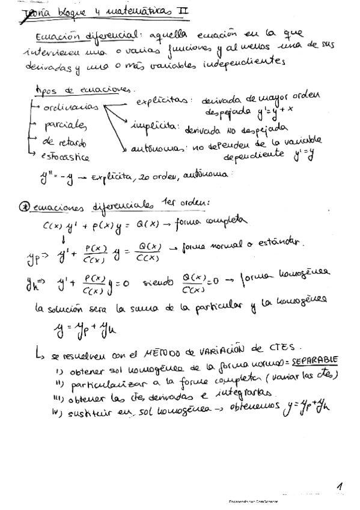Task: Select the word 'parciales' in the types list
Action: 66,125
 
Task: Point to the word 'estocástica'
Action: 66,158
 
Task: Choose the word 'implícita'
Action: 151,127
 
